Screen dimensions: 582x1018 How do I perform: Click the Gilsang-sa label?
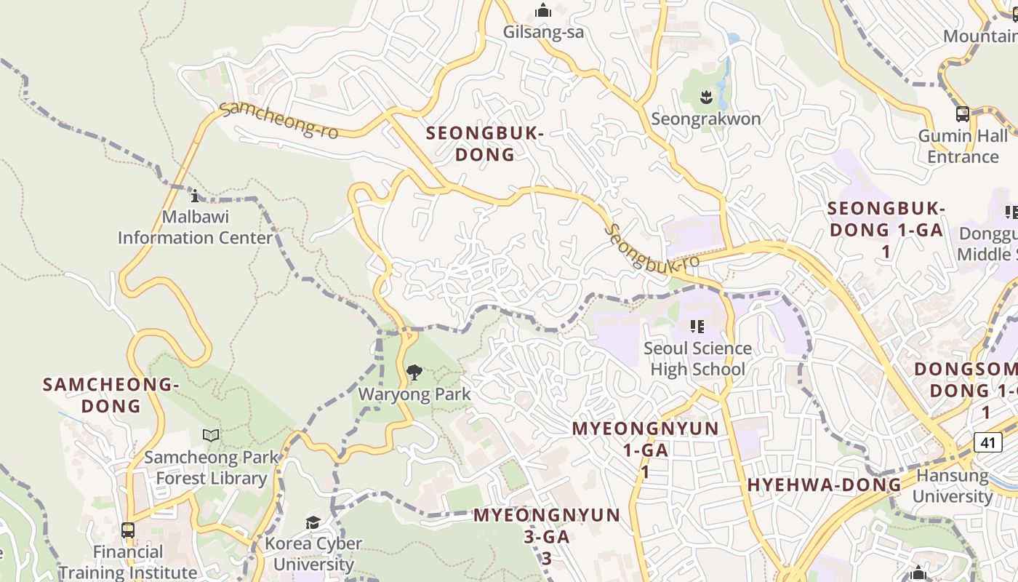(543, 33)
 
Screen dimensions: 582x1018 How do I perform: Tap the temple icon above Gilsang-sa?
(543, 11)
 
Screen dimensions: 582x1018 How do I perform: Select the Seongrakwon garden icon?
(705, 96)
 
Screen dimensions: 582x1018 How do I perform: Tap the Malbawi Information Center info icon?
(194, 196)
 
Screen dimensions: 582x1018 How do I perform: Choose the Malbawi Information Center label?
(195, 227)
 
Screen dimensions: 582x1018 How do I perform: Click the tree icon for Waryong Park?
(414, 372)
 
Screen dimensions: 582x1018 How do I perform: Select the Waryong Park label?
(414, 394)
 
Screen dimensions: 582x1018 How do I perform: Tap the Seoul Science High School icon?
(697, 327)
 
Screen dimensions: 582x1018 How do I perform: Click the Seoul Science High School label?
(697, 359)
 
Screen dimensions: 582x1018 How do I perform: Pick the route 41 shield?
(986, 442)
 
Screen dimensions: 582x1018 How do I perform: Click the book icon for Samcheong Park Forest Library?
(211, 435)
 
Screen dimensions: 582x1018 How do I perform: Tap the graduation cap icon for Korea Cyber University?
(313, 522)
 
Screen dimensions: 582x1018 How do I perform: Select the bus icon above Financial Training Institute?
(128, 530)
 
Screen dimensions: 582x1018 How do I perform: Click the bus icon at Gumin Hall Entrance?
(962, 114)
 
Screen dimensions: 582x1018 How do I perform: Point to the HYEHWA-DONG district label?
(824, 485)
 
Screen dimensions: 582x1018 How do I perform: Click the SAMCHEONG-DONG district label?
(111, 395)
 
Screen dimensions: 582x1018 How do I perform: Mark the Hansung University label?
(953, 486)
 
